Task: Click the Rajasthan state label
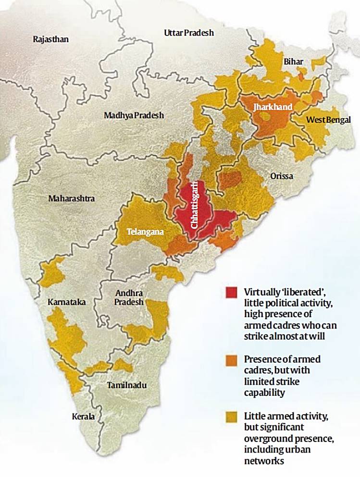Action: (x=50, y=39)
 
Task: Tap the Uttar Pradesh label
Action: (x=189, y=33)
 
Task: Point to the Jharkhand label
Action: (x=273, y=107)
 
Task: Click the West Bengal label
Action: (x=329, y=119)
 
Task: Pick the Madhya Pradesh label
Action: (x=134, y=115)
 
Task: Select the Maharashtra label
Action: (x=71, y=198)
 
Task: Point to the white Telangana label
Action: (x=145, y=232)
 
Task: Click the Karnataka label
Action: (x=67, y=302)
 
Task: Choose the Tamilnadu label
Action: (x=126, y=385)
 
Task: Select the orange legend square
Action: (x=231, y=360)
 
